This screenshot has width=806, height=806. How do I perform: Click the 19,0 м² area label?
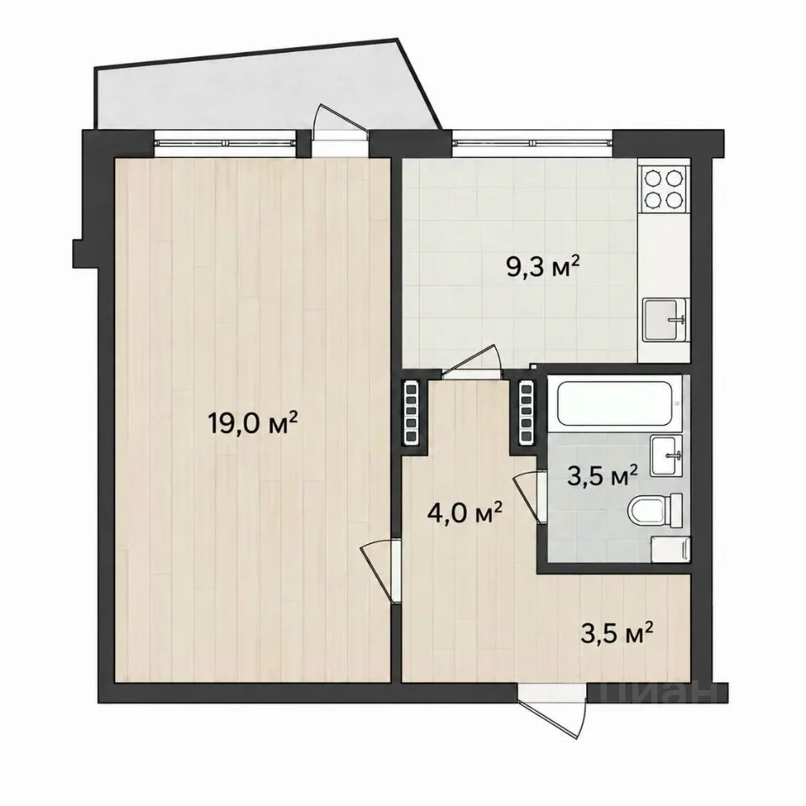coord(253,424)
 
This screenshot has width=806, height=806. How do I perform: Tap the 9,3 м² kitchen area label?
coord(544,267)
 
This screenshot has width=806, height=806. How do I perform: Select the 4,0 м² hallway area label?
coord(464,512)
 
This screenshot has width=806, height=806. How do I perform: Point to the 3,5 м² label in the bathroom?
coord(603,476)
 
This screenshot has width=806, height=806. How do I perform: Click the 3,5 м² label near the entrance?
coord(617,633)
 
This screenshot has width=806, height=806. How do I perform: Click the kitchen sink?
coord(665,320)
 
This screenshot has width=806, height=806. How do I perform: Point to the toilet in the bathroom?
coord(656,510)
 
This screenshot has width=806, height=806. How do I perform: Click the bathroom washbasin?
coord(666,455)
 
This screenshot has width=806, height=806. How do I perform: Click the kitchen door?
coord(471,364)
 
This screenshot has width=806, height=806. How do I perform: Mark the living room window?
coord(226,143)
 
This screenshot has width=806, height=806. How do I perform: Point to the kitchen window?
coord(532,143)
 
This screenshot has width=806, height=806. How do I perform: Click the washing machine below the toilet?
coord(669,550)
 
